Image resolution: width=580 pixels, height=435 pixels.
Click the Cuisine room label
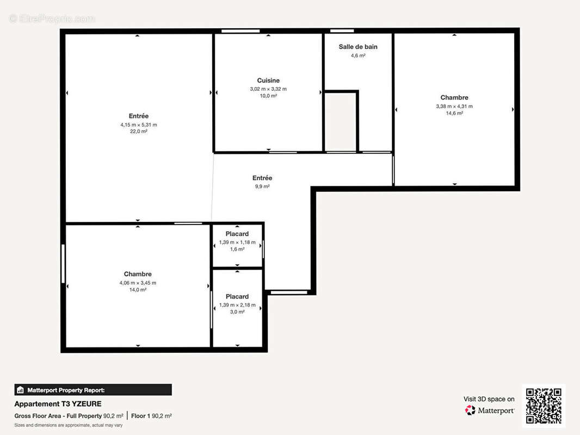268,80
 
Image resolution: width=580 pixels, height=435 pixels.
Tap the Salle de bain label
358,47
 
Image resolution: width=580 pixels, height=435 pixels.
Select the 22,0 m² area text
139,132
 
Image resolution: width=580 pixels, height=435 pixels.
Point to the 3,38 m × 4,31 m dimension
454,106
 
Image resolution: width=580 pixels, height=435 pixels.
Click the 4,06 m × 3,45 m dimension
138,283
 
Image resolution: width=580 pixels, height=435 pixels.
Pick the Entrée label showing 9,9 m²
262,178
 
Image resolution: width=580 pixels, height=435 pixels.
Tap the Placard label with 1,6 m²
237,234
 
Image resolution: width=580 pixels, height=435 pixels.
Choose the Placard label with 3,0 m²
237,296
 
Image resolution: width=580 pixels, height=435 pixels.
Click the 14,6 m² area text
454,113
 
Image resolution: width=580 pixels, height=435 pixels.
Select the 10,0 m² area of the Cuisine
268,96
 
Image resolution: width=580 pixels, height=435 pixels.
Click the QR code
544,406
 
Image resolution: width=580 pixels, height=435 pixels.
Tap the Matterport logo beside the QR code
490,411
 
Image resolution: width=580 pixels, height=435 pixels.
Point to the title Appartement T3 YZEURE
58,404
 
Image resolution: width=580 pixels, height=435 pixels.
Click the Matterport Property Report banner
92,390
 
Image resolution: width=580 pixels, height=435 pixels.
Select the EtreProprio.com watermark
52,18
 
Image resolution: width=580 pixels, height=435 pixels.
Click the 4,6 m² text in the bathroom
358,55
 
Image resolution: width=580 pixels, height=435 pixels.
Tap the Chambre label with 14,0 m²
138,274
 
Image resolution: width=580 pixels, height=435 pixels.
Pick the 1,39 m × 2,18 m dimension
237,305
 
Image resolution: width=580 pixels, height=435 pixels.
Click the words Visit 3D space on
489,399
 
